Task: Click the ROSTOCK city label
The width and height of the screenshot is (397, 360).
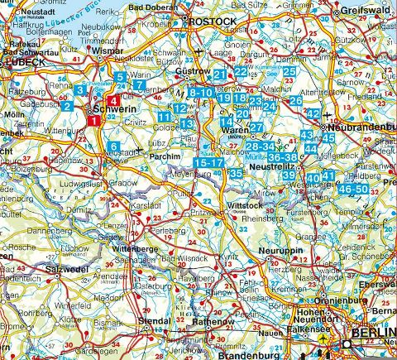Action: point(214,20)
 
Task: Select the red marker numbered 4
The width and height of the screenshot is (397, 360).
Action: point(113,102)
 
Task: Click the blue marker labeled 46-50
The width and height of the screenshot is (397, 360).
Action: point(354,189)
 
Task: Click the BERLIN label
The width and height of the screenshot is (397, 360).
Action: point(373,334)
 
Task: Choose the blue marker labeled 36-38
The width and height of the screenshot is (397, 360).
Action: point(283,156)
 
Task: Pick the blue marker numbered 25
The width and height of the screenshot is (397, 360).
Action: point(289,72)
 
